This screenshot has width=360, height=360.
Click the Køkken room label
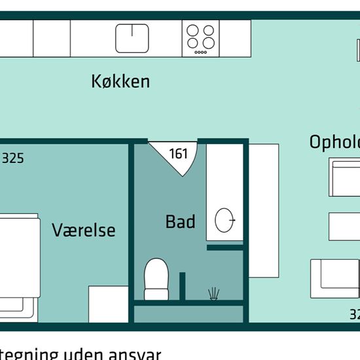120,81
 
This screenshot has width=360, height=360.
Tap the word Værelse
83,230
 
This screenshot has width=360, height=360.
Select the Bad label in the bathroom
180,222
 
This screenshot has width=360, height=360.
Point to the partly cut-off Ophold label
334,142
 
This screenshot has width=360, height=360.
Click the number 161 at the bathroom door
178,154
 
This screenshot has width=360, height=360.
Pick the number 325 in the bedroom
13,158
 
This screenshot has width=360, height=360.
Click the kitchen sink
132,38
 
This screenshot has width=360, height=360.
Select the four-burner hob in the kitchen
201,38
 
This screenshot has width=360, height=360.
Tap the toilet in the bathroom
156,278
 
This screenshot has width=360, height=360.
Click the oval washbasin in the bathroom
225,220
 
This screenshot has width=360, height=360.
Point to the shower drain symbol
213,294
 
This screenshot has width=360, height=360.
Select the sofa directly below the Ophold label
344,177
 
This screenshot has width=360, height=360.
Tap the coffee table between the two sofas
344,226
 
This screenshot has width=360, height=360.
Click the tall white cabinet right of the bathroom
264,209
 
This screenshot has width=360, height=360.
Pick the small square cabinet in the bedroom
108,304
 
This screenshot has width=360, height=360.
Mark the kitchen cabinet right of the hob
235,38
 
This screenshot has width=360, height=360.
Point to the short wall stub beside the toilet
183,286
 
